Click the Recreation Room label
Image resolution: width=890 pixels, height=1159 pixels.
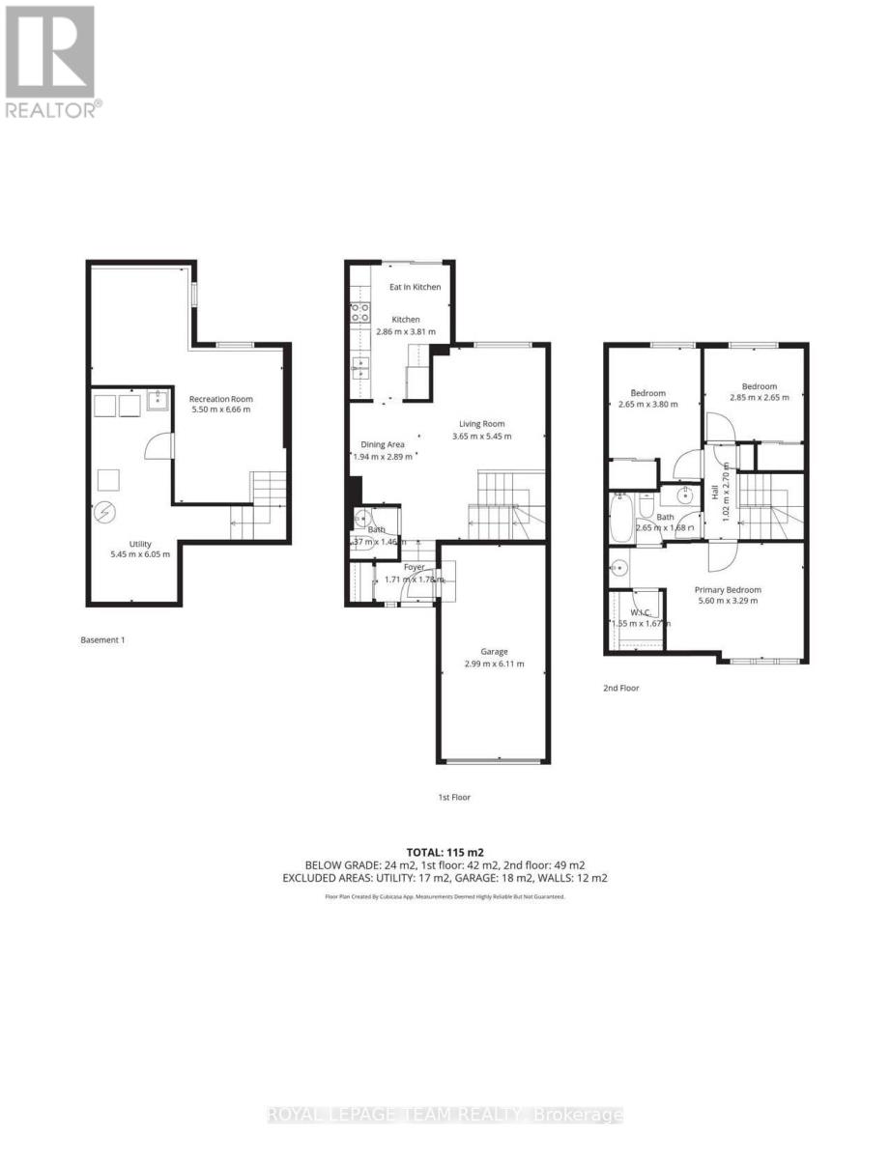click(220, 399)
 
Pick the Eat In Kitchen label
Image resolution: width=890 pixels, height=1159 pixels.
click(415, 287)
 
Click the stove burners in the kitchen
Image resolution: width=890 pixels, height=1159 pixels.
click(359, 312)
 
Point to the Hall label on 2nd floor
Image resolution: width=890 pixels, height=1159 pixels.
click(715, 493)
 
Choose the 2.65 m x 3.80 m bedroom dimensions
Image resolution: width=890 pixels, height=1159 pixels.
click(648, 405)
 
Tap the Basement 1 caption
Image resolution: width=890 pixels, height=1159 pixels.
click(103, 639)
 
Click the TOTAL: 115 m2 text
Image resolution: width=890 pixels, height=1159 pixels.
click(445, 851)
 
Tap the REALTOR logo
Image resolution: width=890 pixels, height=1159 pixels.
click(51, 62)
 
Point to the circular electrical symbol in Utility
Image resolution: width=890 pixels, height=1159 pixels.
click(105, 512)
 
